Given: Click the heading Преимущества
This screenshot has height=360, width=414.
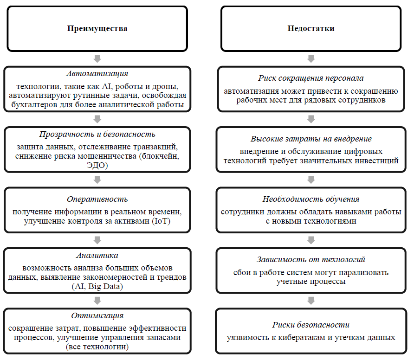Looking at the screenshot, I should pos(97,29).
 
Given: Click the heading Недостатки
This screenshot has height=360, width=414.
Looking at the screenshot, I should pos(311,29).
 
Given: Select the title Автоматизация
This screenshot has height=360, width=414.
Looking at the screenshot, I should pos(97,74).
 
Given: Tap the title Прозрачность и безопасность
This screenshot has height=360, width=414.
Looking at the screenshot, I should pos(97,135).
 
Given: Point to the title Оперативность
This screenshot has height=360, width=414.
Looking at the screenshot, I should pos(97,199).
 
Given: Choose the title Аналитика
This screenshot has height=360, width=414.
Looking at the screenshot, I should pos(97,256).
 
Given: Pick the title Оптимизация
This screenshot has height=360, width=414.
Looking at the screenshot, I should pos(97,316).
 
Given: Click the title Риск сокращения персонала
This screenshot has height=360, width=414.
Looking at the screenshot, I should pos(311,78).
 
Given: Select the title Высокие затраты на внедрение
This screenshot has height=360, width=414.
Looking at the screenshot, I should pos(311,139).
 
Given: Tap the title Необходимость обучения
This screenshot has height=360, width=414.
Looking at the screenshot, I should pos(311,199).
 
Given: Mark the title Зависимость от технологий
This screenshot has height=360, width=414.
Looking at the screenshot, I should pos(311,260).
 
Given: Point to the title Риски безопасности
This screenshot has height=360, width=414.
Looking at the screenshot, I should pos(311,325).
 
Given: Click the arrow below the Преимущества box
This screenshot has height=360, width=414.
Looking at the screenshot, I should pos(97,58).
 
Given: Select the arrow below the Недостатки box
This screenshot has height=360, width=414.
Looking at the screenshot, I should pos(311,58).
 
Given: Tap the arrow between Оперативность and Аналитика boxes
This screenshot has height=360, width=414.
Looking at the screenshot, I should pos(97,240).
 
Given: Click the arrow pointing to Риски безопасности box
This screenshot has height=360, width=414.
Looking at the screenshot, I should pos(311,301).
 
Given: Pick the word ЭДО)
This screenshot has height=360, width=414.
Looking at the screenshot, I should pos(97,164).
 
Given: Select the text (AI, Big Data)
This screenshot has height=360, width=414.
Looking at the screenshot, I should pos(97,286).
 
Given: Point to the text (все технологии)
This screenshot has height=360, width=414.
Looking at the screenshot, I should pos(97,347).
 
